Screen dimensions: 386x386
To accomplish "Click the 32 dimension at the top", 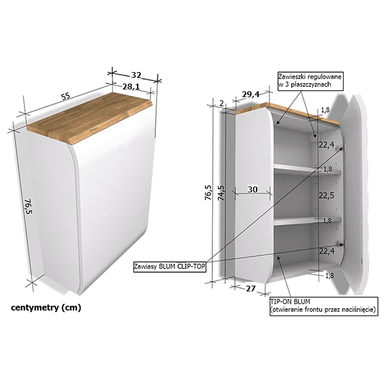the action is [x=136, y=75].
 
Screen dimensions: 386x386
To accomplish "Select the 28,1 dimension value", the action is [x=131, y=87].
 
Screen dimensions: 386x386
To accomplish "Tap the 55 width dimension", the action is [x=66, y=96].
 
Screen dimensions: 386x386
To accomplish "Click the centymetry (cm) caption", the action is [x=46, y=308].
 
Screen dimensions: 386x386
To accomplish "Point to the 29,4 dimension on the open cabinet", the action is [x=251, y=94].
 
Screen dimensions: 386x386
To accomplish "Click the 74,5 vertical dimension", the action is [x=221, y=193].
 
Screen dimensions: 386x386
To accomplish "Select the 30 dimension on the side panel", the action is [x=253, y=189].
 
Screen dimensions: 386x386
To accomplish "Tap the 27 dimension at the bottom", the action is [x=251, y=288].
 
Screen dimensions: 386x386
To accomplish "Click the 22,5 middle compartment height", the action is [x=326, y=196].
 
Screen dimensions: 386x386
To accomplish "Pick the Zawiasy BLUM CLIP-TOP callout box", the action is [x=170, y=266].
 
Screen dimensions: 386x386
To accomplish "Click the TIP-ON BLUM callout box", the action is [x=324, y=306].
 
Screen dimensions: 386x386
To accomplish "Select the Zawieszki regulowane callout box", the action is [x=311, y=81].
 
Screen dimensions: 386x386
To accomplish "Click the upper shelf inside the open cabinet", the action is [x=308, y=170].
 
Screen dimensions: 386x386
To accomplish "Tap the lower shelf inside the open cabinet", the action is [x=308, y=221].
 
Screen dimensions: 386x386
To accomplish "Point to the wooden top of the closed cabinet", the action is [x=90, y=118].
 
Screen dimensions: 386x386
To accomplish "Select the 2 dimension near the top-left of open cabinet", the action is [x=221, y=104].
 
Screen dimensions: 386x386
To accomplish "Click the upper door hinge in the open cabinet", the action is [x=341, y=148].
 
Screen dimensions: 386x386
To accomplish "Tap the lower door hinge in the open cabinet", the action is [x=342, y=244].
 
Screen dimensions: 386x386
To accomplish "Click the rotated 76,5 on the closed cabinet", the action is [x=28, y=207].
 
